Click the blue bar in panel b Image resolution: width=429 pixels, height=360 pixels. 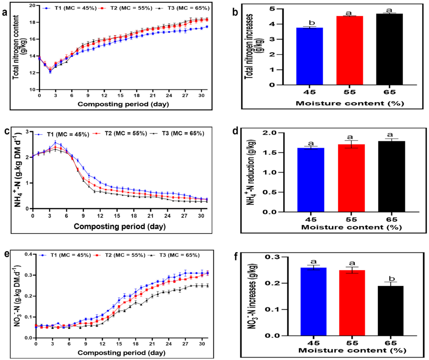coord(310,56)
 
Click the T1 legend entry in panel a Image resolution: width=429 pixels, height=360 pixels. coord(71,8)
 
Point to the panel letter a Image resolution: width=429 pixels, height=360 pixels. coord(4,13)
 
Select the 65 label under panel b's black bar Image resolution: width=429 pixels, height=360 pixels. coord(390,93)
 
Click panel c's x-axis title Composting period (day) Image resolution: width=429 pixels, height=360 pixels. coord(119,226)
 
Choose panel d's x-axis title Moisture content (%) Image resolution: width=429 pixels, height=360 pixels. coord(351,227)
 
